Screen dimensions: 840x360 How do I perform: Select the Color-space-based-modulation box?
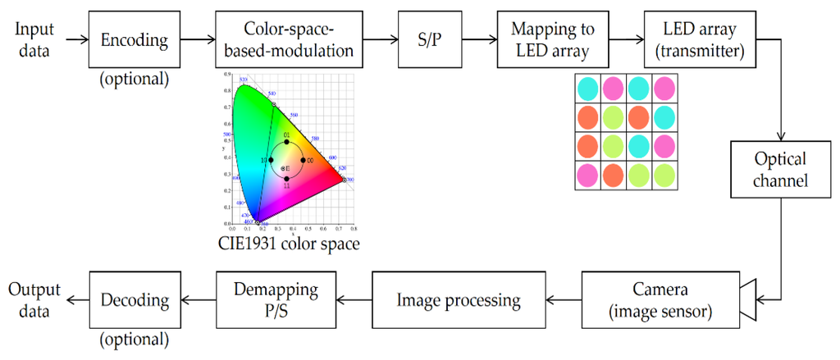[x=289, y=39]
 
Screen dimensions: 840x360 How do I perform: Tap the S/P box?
[x=426, y=39]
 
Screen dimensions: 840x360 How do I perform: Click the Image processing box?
[x=459, y=300]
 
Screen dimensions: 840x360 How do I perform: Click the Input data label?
[x=34, y=39]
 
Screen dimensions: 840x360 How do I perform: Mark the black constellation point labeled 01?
[x=286, y=143]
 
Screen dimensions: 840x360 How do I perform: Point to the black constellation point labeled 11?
[x=286, y=179]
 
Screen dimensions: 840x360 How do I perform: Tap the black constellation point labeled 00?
[x=303, y=160]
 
